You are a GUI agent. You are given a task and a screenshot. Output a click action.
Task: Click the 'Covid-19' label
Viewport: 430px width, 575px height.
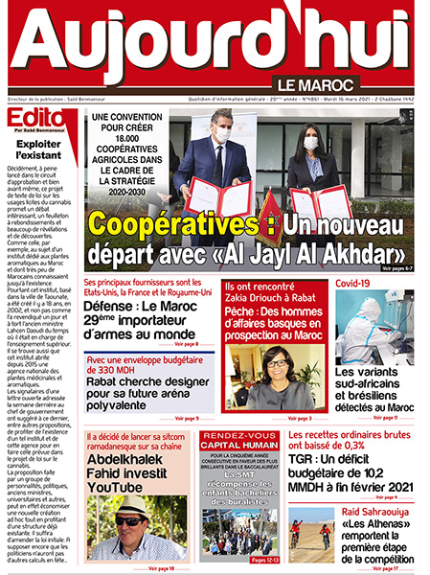pos(353,285)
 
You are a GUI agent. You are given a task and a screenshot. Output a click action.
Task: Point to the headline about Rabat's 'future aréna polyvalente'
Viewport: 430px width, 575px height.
pos(144,400)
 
